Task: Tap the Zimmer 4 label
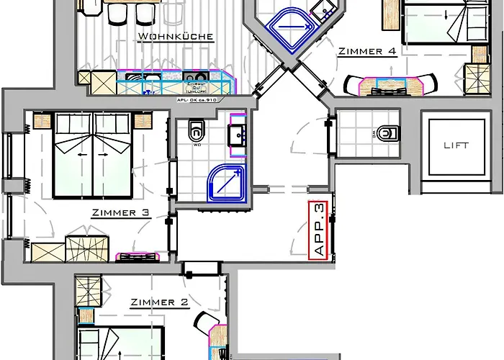click(x=366, y=51)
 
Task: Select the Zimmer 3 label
click(x=120, y=213)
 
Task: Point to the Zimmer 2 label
click(x=159, y=303)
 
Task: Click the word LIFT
click(x=455, y=145)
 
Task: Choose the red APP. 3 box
click(x=319, y=230)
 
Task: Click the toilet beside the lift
click(x=388, y=132)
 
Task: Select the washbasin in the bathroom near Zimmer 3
click(x=236, y=134)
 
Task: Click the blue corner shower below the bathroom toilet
click(x=222, y=181)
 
